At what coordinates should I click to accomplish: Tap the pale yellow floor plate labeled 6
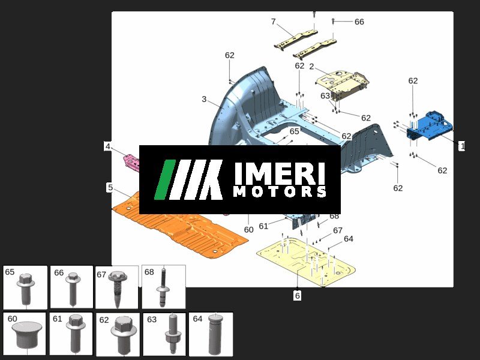(x=306, y=261)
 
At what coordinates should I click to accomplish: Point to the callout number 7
(x=274, y=22)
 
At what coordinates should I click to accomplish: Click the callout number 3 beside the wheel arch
(x=204, y=99)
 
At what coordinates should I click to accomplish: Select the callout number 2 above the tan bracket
(x=311, y=67)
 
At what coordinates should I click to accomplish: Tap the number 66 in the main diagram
(x=359, y=22)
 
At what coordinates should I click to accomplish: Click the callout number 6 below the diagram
(x=297, y=296)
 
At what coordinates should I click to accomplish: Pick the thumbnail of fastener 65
(x=25, y=287)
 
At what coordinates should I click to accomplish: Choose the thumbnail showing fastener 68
(x=163, y=287)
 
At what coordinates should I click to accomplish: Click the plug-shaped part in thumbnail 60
(x=27, y=336)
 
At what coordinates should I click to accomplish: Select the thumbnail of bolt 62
(x=118, y=335)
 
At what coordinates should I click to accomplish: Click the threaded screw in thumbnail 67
(x=118, y=289)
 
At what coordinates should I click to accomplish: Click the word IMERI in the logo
(x=280, y=173)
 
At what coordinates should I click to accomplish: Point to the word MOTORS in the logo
(x=280, y=191)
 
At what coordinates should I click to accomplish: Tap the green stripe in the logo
(x=164, y=179)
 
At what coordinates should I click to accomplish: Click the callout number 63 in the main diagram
(x=325, y=96)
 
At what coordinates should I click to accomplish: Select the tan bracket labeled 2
(x=342, y=83)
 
